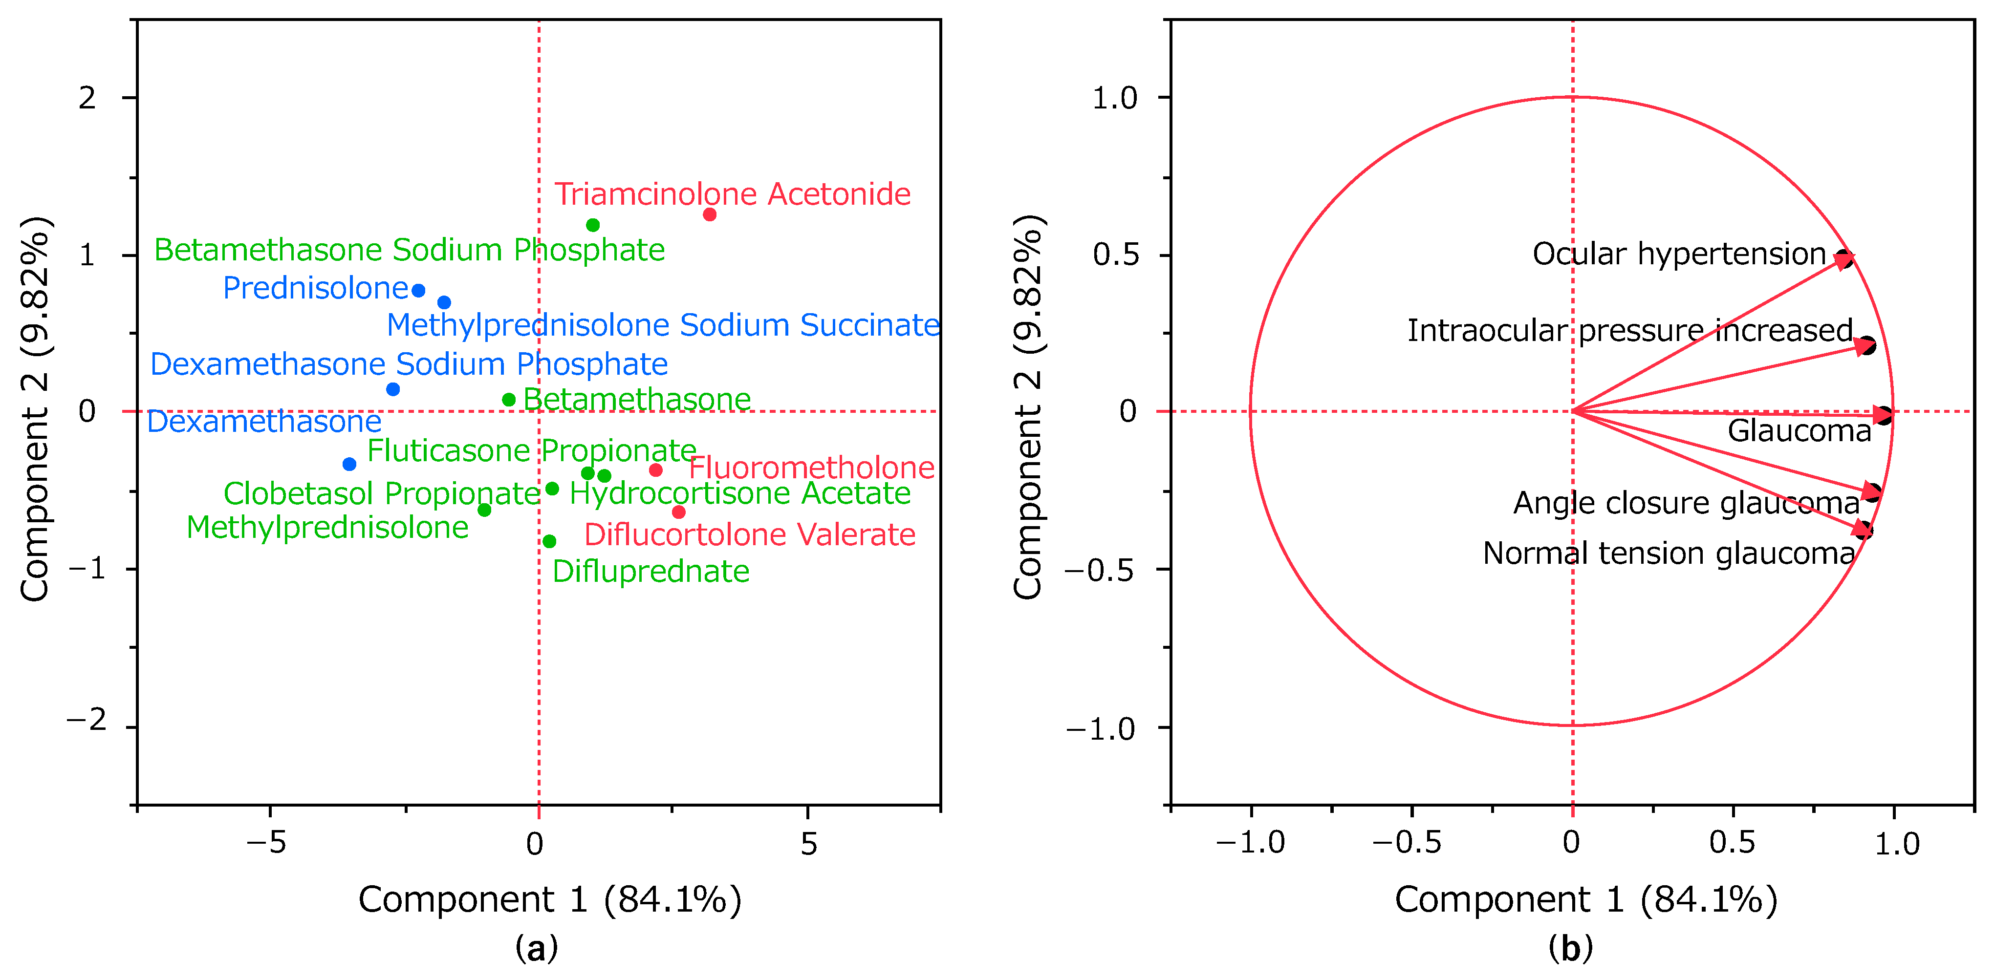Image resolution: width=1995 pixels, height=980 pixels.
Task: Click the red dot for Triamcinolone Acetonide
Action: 710,214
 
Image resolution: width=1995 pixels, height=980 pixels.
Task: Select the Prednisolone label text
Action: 315,288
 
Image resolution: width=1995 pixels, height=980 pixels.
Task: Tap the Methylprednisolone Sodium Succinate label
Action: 663,325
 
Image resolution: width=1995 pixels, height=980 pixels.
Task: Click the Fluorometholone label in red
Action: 812,468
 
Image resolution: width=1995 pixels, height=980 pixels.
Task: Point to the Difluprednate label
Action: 651,571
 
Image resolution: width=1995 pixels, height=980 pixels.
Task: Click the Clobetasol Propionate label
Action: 382,493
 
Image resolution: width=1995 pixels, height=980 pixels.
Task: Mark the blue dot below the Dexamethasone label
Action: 349,465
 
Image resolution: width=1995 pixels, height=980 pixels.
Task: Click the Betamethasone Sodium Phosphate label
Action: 409,250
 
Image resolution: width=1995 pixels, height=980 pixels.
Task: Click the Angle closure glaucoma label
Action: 1687,503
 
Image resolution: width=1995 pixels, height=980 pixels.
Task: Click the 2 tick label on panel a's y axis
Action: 87,98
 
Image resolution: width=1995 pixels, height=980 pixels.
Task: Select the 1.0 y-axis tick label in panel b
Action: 1114,98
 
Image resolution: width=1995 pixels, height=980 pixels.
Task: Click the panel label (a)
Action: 537,947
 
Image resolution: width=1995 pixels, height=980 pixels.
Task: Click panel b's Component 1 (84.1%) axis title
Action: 1586,899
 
